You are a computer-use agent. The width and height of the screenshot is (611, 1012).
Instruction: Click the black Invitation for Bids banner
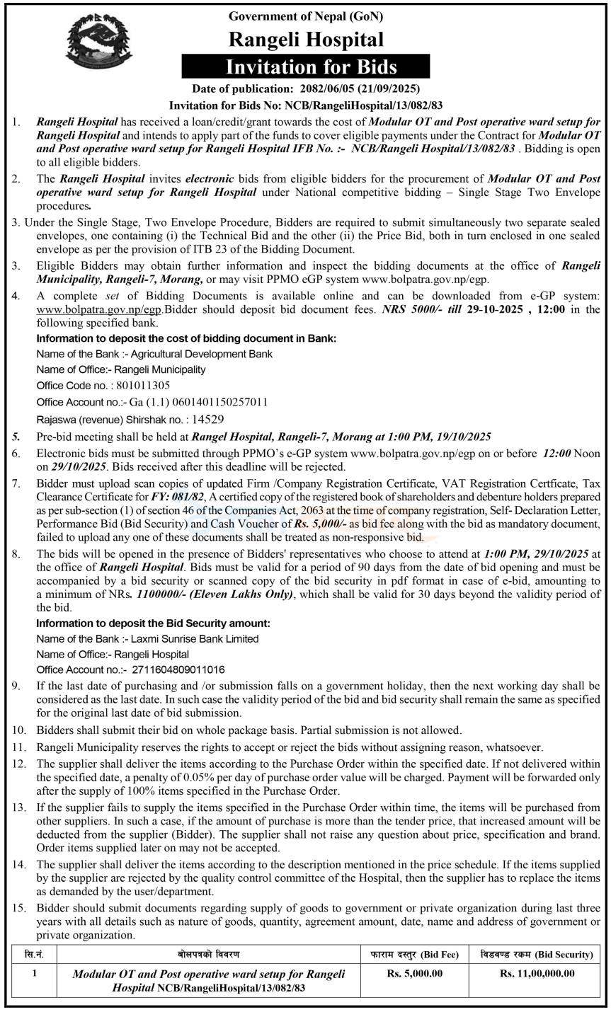(305, 68)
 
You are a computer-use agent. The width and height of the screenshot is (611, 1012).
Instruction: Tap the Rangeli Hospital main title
(306, 40)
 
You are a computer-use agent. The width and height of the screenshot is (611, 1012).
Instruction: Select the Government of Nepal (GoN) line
(306, 15)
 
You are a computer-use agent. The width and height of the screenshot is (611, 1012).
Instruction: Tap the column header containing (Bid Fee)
(415, 955)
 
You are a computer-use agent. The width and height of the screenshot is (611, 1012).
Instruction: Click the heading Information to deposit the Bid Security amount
(153, 623)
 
